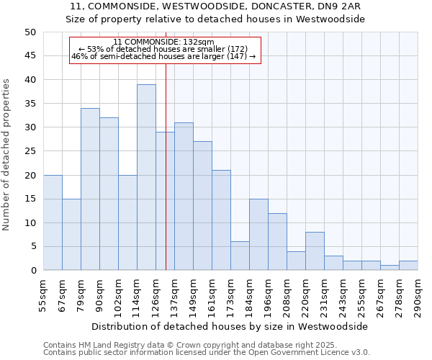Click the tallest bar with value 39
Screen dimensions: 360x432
pyautogui.click(x=146, y=177)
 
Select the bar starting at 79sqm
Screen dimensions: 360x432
pyautogui.click(x=90, y=189)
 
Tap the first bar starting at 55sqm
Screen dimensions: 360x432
pyautogui.click(x=53, y=222)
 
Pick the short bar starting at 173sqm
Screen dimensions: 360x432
pyautogui.click(x=240, y=256)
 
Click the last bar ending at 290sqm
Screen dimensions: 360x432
pyautogui.click(x=408, y=266)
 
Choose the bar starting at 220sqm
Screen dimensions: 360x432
pyautogui.click(x=315, y=251)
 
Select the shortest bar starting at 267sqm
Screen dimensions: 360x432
pyautogui.click(x=390, y=268)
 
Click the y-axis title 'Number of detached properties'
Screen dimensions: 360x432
pyautogui.click(x=6, y=155)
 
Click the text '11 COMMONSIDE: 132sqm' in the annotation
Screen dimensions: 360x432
pyautogui.click(x=163, y=42)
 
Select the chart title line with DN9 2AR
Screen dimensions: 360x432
pyautogui.click(x=215, y=6)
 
